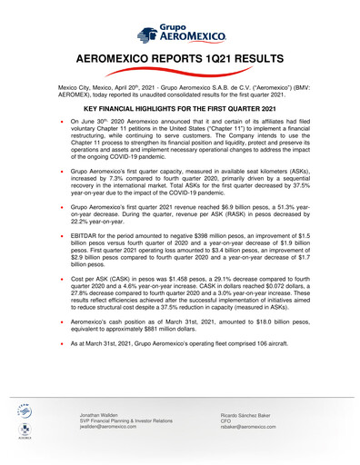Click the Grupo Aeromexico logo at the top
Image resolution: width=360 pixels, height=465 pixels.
[180, 34]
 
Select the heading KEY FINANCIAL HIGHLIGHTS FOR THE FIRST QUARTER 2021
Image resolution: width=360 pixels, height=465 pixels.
[180, 108]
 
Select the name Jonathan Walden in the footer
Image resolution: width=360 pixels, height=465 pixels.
[102, 413]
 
